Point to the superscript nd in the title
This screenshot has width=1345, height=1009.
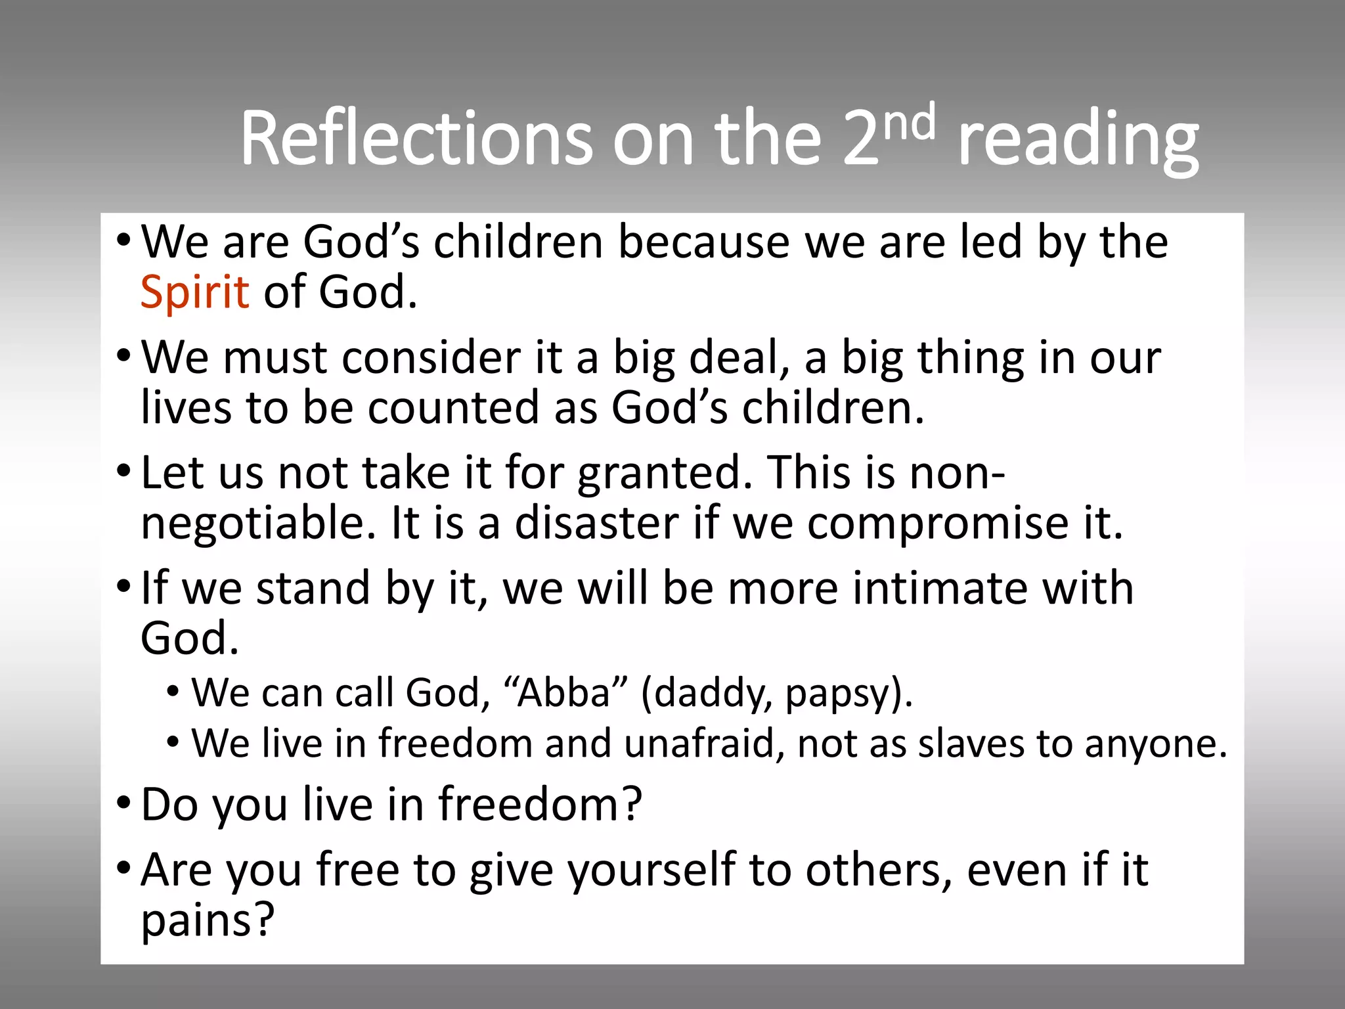click(909, 121)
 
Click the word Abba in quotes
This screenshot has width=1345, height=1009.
click(563, 692)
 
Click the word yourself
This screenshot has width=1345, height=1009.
click(650, 871)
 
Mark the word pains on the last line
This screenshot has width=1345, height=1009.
click(206, 920)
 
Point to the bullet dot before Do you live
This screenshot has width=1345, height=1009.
click(123, 803)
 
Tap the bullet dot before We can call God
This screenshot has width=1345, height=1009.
click(173, 691)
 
